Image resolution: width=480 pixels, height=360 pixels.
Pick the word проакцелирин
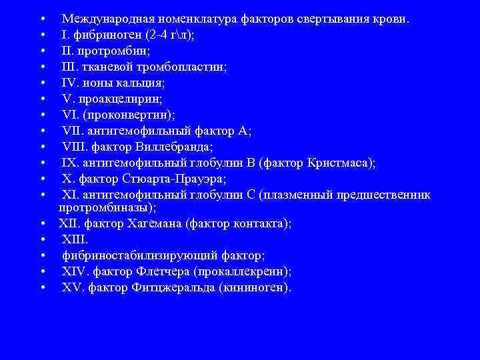(113, 99)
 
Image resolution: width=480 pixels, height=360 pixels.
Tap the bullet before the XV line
(42, 288)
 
